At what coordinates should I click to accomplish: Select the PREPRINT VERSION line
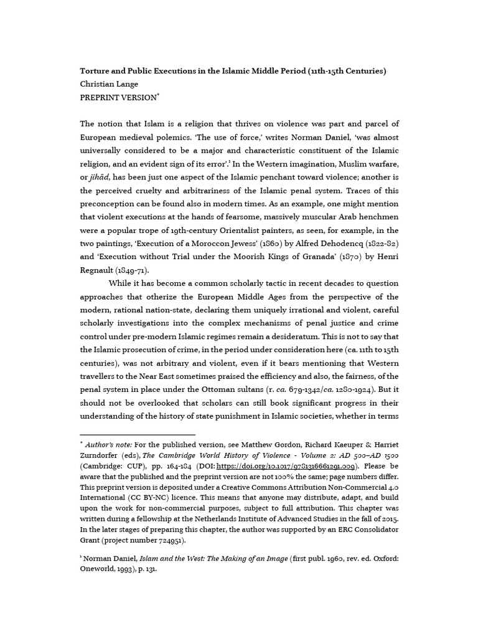(118, 98)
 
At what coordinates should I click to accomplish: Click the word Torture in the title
(96, 70)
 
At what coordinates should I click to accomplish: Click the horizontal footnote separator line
(137, 434)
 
